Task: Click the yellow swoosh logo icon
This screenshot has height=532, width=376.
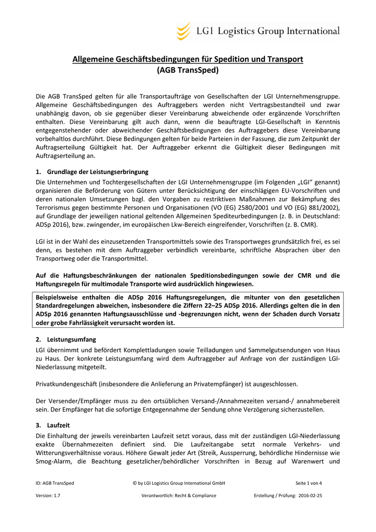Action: coord(183,31)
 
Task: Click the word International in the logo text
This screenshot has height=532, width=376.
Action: coord(313,31)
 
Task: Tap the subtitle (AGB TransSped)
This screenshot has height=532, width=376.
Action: coord(187,70)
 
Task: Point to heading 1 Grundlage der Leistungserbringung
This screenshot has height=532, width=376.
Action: coord(92,172)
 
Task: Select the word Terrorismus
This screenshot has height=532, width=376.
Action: coord(54,208)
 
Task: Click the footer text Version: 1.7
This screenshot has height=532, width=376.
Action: coord(48,496)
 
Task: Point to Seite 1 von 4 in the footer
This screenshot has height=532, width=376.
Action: coord(308,483)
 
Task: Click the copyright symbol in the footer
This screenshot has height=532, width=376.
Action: coord(135,483)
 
